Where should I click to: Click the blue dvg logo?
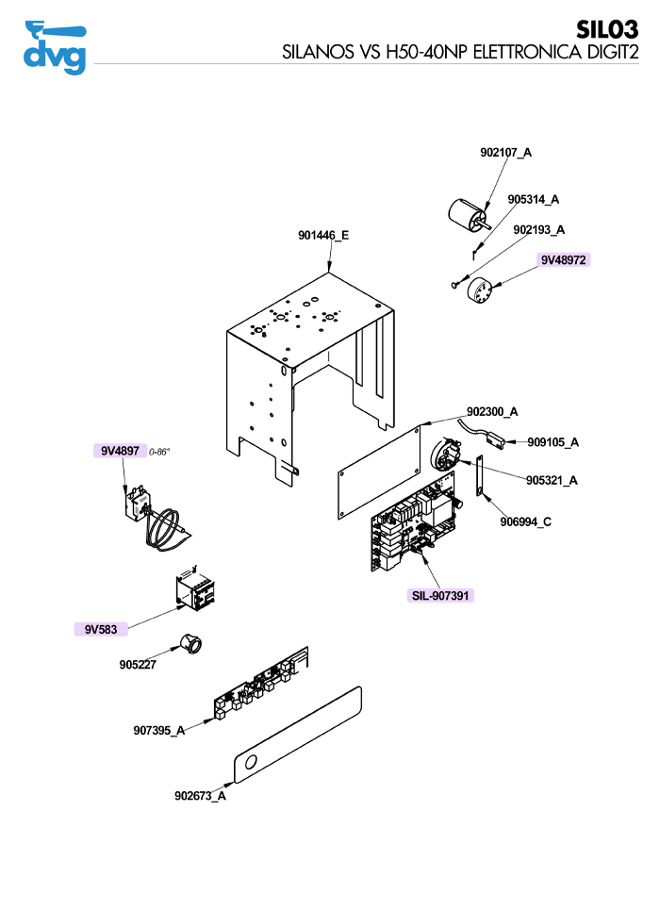(x=55, y=47)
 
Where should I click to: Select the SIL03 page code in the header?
(x=606, y=29)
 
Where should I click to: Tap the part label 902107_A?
(x=505, y=152)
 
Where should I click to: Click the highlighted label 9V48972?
(x=563, y=260)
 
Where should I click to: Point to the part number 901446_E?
(x=323, y=235)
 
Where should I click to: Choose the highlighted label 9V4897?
(x=120, y=451)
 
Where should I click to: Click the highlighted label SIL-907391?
(x=440, y=595)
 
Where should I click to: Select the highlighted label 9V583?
(x=101, y=629)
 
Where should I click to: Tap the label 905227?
(x=138, y=665)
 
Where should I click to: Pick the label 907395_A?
(x=159, y=730)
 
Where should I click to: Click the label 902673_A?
(x=200, y=796)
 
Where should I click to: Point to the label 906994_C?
(x=526, y=521)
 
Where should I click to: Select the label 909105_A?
(x=553, y=442)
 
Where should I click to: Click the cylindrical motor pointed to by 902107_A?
(x=469, y=214)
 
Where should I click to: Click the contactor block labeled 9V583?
(x=191, y=587)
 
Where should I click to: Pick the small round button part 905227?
(x=189, y=642)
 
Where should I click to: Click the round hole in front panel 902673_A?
(x=252, y=762)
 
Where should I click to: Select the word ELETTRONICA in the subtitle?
(x=527, y=52)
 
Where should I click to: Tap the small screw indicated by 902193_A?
(x=455, y=285)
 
